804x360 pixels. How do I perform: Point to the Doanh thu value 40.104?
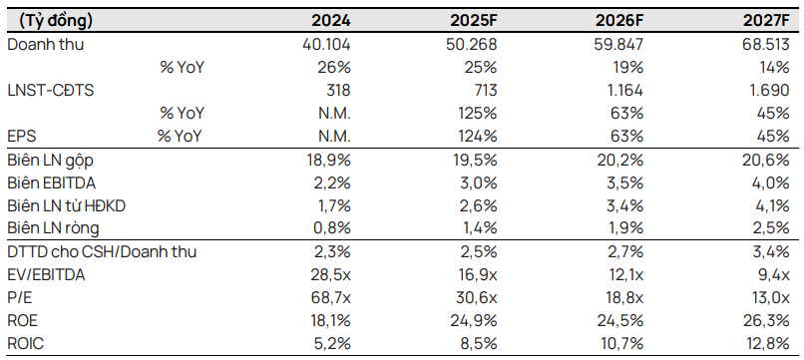pyautogui.click(x=325, y=46)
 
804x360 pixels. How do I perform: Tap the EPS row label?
pyautogui.click(x=21, y=136)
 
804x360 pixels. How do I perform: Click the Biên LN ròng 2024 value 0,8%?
pyautogui.click(x=330, y=228)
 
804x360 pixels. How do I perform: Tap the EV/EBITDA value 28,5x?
pyautogui.click(x=328, y=274)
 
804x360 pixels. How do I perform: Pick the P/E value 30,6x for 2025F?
pyautogui.click(x=475, y=297)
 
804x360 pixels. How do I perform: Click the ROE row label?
pyautogui.click(x=23, y=320)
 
